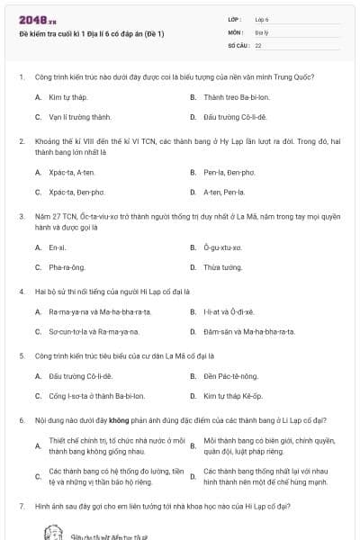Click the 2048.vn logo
coord(31,19)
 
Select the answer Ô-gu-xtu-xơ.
coord(223,247)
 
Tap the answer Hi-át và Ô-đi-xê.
coord(229,311)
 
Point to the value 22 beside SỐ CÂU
coord(258,44)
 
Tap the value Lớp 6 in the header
coord(262,19)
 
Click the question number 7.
coord(21,507)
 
